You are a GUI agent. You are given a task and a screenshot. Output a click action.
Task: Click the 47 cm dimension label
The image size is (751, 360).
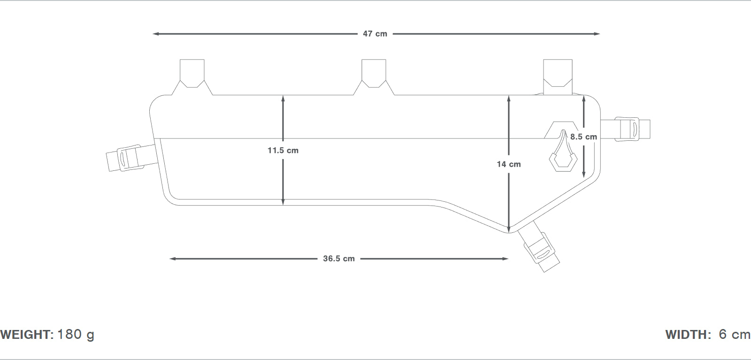click(x=375, y=34)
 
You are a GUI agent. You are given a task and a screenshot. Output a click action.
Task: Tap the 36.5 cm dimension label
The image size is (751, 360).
click(x=339, y=259)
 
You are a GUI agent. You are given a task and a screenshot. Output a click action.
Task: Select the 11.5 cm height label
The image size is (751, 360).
click(x=283, y=151)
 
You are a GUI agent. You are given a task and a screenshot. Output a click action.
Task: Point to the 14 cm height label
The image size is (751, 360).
click(x=509, y=164)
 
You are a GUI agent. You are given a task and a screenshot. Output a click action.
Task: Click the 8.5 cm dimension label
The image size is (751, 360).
click(x=584, y=137)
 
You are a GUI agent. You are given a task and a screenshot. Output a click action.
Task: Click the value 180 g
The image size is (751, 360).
click(x=76, y=335)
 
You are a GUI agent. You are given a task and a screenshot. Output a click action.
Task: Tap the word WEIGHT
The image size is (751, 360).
click(x=26, y=335)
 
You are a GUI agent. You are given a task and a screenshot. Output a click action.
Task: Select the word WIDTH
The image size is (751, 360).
click(x=686, y=335)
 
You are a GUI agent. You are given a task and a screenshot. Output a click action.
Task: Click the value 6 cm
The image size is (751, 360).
click(x=735, y=334)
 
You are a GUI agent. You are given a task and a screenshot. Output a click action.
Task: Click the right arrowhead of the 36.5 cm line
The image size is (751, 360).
click(x=506, y=259)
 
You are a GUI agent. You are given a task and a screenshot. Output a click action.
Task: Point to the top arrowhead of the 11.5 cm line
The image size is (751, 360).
click(x=283, y=99)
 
